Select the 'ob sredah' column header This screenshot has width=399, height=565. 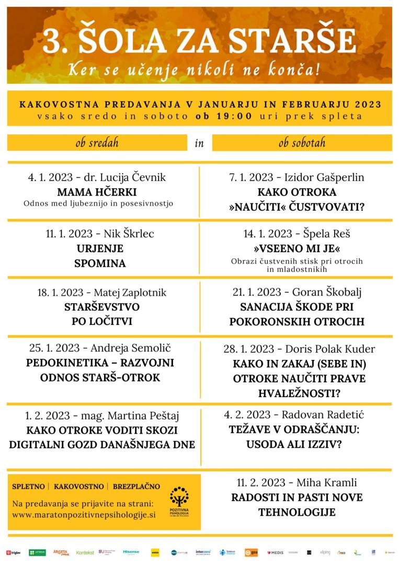(x=97, y=142)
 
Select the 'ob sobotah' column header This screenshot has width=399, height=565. (x=302, y=142)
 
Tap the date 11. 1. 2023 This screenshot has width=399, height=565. (x=72, y=234)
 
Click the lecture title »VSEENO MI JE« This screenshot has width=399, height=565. (x=297, y=247)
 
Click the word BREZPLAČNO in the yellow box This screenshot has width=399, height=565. (x=136, y=487)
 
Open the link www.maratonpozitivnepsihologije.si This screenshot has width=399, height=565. (x=84, y=514)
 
